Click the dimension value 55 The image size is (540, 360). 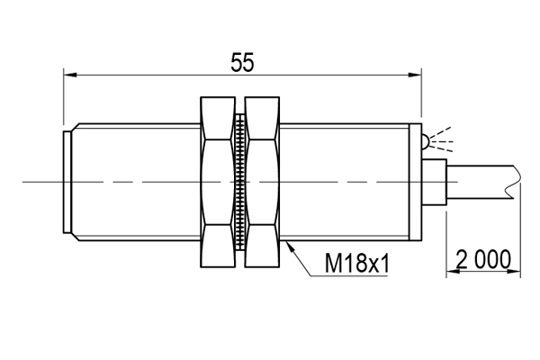click(242, 62)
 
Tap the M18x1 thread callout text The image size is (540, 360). click(357, 263)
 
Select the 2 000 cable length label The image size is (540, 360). click(483, 259)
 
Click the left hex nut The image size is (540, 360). click(218, 182)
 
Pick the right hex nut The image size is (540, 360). click(262, 182)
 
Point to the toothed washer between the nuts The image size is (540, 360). click(240, 182)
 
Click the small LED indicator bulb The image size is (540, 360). click(426, 141)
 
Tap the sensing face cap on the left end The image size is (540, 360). click(67, 182)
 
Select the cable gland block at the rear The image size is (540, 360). click(434, 182)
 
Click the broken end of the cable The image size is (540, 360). click(517, 182)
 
